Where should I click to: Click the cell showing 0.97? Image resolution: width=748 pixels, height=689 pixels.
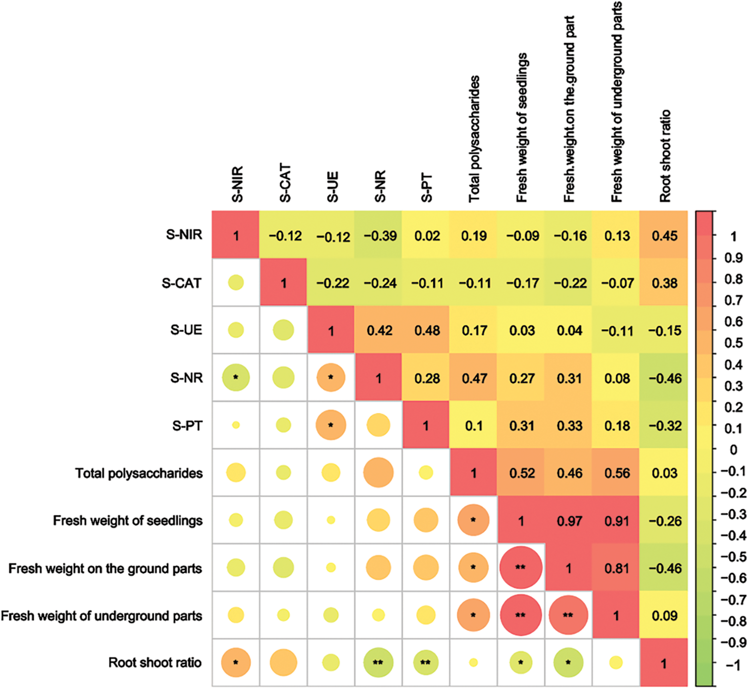point(569,521)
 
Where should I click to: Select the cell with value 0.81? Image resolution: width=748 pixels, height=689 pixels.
point(616,569)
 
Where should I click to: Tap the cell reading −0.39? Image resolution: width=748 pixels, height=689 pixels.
point(380,236)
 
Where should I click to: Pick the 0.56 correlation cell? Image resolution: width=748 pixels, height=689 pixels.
point(617,473)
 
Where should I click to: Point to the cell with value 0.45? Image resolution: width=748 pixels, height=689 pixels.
point(664,236)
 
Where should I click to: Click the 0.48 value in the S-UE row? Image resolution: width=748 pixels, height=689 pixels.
point(427,331)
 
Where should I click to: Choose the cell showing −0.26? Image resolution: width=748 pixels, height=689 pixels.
point(664,521)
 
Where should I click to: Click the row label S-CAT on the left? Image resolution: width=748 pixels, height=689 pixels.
point(182,283)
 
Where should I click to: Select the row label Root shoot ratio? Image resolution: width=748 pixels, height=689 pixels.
point(155,663)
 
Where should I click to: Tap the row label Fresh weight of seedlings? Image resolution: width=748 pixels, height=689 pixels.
point(128,521)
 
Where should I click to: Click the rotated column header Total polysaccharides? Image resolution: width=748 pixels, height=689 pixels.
point(474,139)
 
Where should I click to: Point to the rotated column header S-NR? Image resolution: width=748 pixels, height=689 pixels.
point(380,186)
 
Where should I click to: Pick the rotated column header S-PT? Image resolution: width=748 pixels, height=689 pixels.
point(427,188)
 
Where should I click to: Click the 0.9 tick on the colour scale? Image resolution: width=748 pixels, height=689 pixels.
point(733,257)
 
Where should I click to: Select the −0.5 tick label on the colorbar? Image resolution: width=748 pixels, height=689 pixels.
point(732,557)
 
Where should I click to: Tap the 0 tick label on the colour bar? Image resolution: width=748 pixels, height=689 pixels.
point(733,450)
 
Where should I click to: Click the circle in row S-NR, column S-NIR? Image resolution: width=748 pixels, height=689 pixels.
point(236,378)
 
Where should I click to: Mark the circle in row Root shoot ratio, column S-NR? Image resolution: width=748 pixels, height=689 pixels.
point(378,663)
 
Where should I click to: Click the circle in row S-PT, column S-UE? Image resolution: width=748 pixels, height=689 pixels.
point(331,426)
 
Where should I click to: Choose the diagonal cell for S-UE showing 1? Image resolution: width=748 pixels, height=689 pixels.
point(331,331)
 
